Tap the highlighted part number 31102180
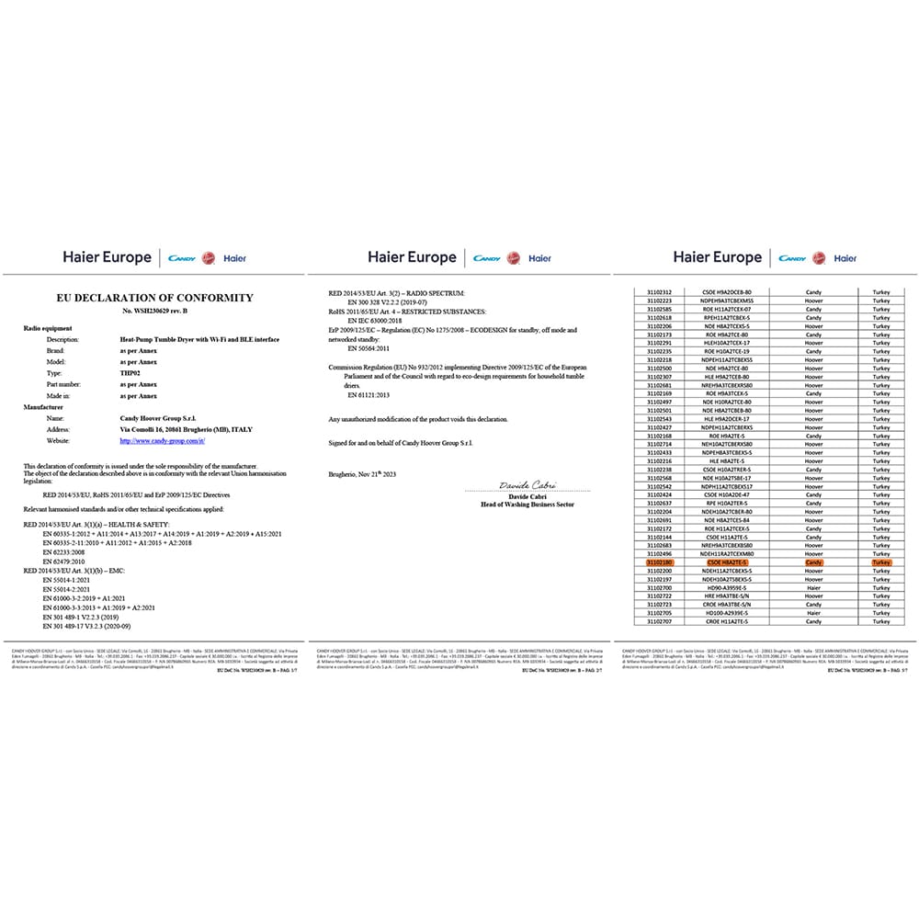660,562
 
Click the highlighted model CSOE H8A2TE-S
727,562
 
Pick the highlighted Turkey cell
881,562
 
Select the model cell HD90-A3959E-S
727,587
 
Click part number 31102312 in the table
660,291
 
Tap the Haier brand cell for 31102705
813,613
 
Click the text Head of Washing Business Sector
528,505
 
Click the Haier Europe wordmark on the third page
717,257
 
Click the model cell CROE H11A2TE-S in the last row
727,621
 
